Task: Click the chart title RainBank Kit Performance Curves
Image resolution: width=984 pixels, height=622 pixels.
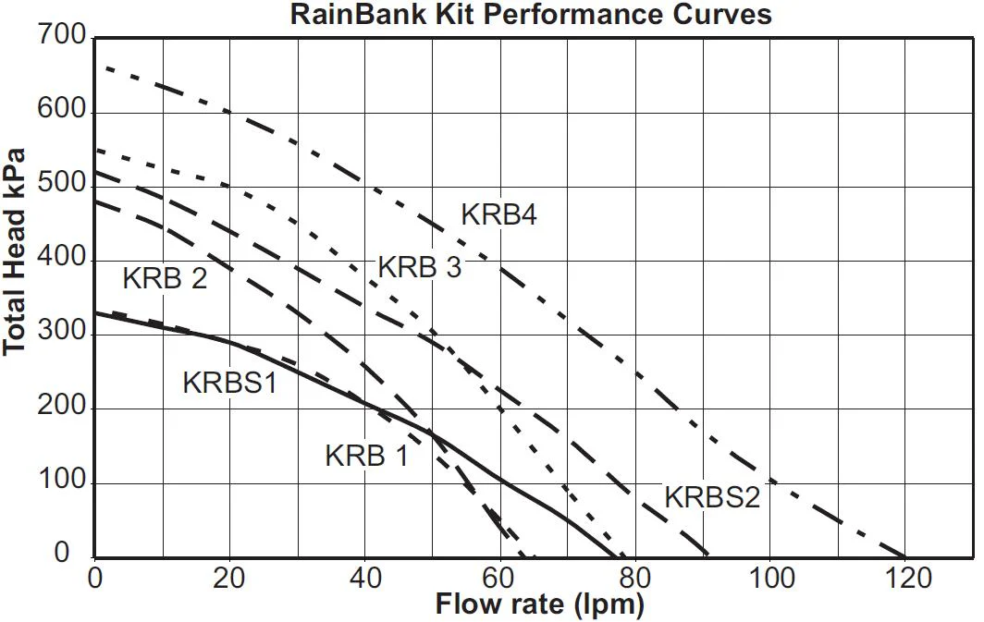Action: [x=531, y=14]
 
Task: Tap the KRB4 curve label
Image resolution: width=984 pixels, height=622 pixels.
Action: [x=498, y=214]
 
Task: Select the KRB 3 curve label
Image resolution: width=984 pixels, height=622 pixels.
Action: [x=419, y=267]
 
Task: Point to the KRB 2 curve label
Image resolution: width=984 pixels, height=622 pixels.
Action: [x=165, y=278]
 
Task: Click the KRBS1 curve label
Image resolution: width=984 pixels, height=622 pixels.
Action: [x=229, y=383]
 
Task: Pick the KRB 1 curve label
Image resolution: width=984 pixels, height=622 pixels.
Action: [x=366, y=456]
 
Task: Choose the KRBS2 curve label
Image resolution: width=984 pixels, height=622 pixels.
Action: [x=712, y=497]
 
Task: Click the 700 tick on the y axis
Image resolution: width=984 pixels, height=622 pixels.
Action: [x=61, y=35]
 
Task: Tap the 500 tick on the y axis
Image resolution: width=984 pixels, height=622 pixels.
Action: [x=61, y=183]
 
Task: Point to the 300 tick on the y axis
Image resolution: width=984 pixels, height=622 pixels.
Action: [x=61, y=331]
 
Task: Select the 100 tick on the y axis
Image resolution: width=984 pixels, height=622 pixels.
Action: [x=61, y=480]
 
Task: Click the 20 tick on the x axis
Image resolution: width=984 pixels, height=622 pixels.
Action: [x=228, y=579]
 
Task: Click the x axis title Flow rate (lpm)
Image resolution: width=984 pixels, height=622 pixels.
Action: [x=540, y=605]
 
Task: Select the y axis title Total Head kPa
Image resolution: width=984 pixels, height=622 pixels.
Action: [x=14, y=251]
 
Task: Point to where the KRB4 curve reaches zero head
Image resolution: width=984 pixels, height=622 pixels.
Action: [x=904, y=556]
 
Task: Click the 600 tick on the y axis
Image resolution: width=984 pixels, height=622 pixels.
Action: [x=61, y=109]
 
